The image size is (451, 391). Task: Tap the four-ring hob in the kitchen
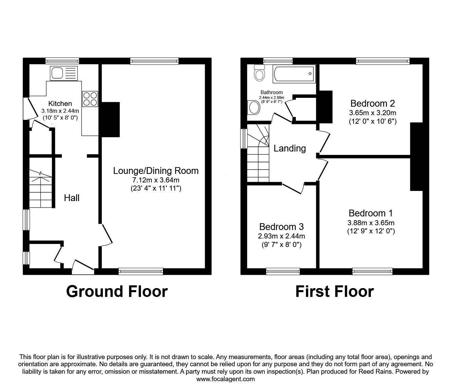point(90,99)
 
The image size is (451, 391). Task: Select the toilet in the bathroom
point(260,74)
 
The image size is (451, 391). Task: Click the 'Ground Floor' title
point(117,291)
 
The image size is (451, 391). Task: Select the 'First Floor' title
point(334,291)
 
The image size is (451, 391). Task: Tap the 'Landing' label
point(290,148)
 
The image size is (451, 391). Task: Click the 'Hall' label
point(72,198)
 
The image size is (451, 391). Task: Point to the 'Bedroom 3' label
point(281,227)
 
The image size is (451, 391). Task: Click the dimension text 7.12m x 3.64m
point(156,180)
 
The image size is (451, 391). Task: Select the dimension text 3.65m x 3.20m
point(373,113)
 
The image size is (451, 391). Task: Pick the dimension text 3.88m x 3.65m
point(371,223)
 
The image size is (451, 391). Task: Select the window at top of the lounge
point(154,61)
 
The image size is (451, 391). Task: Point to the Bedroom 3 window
point(283,271)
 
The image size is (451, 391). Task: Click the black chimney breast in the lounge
point(110,119)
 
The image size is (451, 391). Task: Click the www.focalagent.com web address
point(225,379)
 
